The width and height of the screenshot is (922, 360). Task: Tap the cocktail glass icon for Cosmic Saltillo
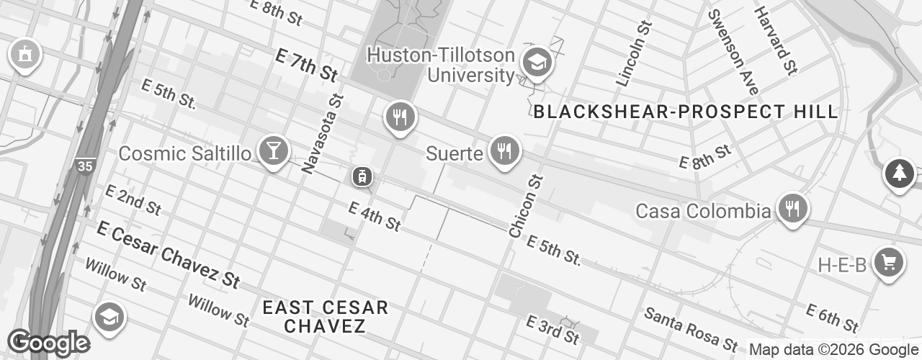274,151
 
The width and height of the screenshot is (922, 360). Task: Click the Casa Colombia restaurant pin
792,210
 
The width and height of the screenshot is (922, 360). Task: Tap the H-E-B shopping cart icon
889,263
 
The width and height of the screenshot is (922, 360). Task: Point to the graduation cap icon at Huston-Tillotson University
537,63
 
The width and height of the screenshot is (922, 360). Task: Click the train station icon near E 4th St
362,176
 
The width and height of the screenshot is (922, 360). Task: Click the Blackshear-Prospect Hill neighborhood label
686,112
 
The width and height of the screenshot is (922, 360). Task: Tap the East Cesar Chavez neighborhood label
325,317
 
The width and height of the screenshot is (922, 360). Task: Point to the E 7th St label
306,65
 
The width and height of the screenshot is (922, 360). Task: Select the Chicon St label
525,205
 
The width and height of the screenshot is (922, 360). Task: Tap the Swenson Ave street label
733,52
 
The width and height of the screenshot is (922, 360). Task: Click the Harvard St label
776,40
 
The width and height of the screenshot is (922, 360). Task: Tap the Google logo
49,343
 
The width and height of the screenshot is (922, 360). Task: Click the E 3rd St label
552,328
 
